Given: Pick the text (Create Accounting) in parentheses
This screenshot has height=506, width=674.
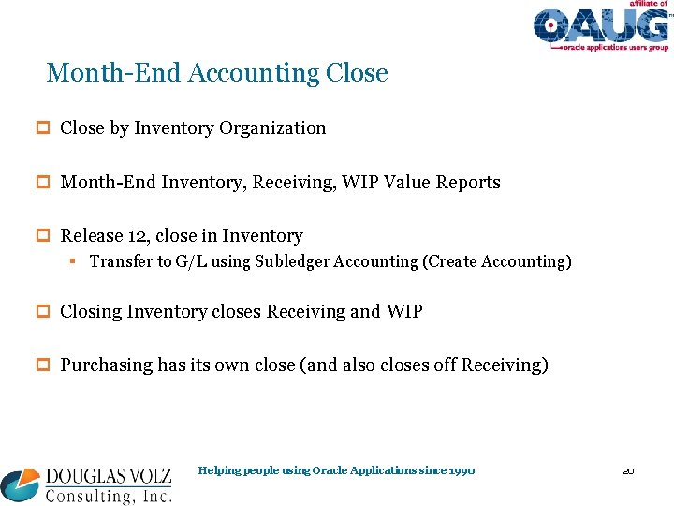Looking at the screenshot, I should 497,262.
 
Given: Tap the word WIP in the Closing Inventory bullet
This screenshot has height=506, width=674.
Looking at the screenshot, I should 403,311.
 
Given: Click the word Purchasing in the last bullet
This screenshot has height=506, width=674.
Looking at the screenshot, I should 107,365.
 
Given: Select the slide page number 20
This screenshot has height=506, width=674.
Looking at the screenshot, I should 628,470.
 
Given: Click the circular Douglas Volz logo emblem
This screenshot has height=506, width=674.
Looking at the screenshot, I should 21,484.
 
